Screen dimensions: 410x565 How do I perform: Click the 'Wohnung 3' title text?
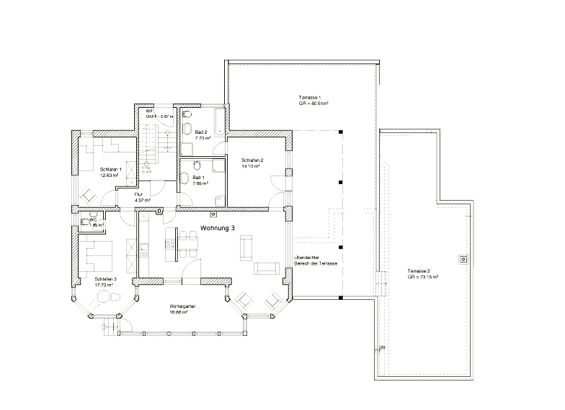click(x=218, y=227)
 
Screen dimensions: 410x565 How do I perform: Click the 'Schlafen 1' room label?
click(x=110, y=169)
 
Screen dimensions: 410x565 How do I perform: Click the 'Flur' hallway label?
click(x=139, y=194)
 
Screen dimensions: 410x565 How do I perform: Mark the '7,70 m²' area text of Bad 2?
click(x=203, y=138)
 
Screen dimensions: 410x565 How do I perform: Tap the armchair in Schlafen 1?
click(x=89, y=193)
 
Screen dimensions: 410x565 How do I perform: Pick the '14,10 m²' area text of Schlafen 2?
click(x=251, y=166)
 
